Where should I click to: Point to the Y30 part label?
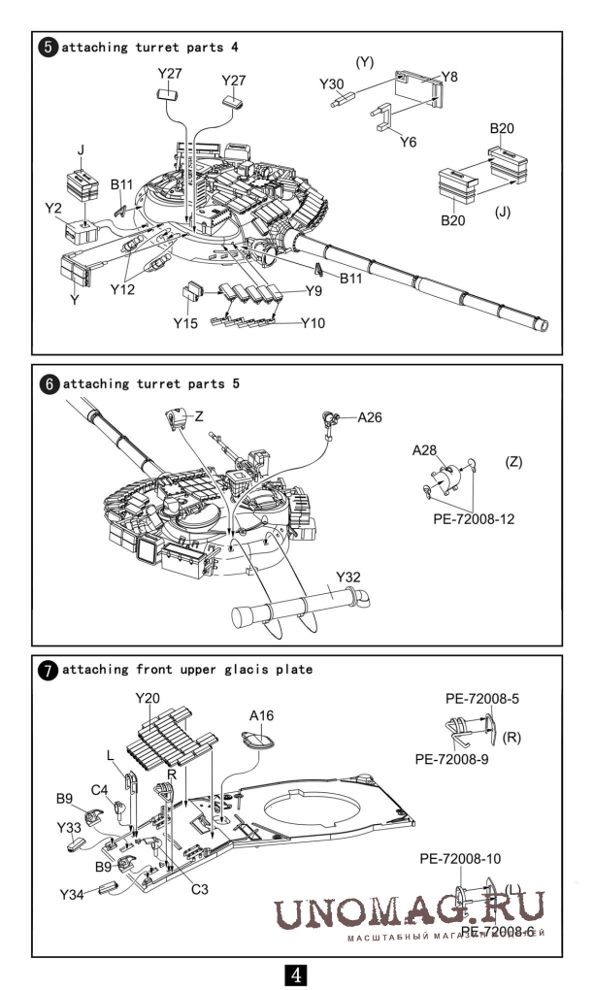click(332, 84)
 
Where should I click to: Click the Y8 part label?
click(449, 76)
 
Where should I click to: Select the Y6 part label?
click(409, 142)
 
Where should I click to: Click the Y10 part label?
click(313, 322)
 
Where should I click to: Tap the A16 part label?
click(262, 715)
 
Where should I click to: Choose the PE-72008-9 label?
click(449, 758)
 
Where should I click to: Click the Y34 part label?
click(72, 894)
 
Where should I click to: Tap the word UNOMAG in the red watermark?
click(364, 908)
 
